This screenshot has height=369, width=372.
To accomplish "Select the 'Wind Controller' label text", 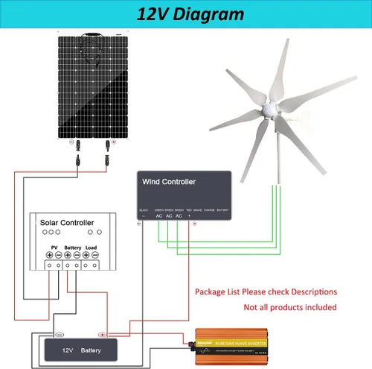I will coord(169,182).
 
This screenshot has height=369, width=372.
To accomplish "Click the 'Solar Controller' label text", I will coord(67,223).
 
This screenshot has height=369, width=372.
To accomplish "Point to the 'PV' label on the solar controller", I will coord(54,247).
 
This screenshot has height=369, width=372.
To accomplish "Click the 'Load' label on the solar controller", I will coord(92,247).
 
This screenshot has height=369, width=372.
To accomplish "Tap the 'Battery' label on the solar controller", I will coord(72,247).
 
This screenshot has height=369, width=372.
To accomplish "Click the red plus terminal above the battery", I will coord(103,335).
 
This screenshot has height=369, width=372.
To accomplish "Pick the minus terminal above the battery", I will coord(60,335).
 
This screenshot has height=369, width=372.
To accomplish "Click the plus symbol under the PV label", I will coord(48,256).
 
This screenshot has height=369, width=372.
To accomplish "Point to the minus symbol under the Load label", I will coord(97,256).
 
